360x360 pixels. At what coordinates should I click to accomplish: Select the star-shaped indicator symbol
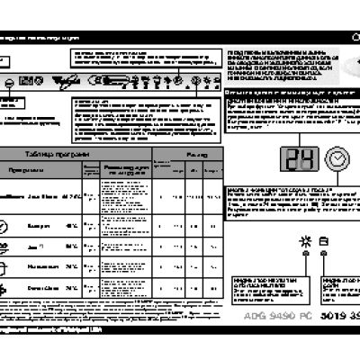click(304, 238)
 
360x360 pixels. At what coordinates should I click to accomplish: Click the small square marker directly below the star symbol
click(304, 255)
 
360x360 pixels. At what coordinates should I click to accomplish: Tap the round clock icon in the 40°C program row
click(6, 221)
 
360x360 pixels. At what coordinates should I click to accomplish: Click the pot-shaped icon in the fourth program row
click(6, 265)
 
